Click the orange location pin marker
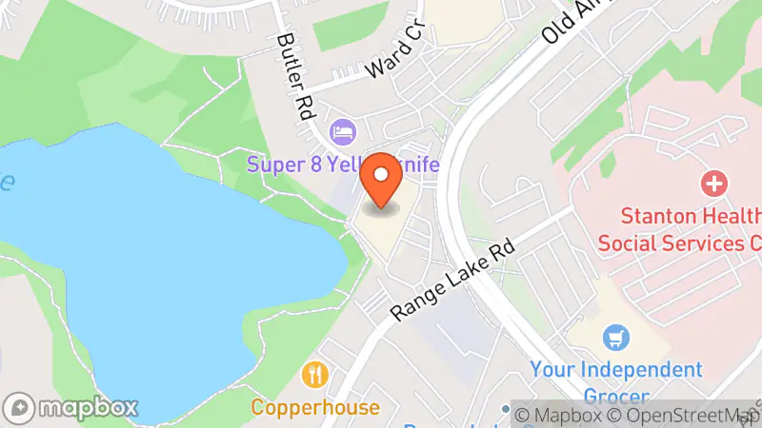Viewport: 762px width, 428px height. [381, 180]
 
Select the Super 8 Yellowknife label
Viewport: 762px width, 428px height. [343, 165]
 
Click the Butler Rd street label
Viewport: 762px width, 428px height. [295, 76]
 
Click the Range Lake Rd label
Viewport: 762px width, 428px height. [453, 279]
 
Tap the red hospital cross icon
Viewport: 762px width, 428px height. [712, 182]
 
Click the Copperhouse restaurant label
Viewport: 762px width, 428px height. [315, 408]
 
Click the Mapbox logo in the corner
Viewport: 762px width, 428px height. [72, 406]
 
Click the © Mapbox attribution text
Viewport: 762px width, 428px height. [559, 415]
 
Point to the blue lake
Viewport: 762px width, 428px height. [143, 266]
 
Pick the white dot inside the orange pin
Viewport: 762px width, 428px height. [381, 174]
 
